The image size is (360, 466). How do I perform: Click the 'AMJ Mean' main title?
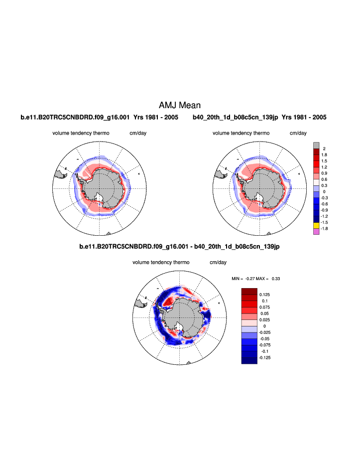[x=180, y=105]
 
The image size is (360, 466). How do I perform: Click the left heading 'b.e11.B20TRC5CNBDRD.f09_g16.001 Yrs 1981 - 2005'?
[x=99, y=118]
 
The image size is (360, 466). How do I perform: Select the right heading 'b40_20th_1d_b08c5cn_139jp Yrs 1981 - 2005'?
[x=259, y=118]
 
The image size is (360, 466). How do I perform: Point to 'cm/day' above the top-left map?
[x=138, y=133]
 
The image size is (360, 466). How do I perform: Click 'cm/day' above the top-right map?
[x=298, y=133]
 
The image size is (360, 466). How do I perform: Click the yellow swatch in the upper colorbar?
[x=316, y=226]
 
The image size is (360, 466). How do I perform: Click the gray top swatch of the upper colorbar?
[x=316, y=145]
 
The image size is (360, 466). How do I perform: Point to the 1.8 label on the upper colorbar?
[x=324, y=155]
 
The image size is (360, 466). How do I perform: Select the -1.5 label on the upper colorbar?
[x=324, y=222]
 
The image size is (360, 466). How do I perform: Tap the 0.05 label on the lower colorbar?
[x=264, y=313]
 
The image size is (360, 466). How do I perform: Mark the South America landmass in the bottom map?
[x=141, y=302]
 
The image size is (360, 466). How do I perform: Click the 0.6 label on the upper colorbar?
[x=324, y=179]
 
